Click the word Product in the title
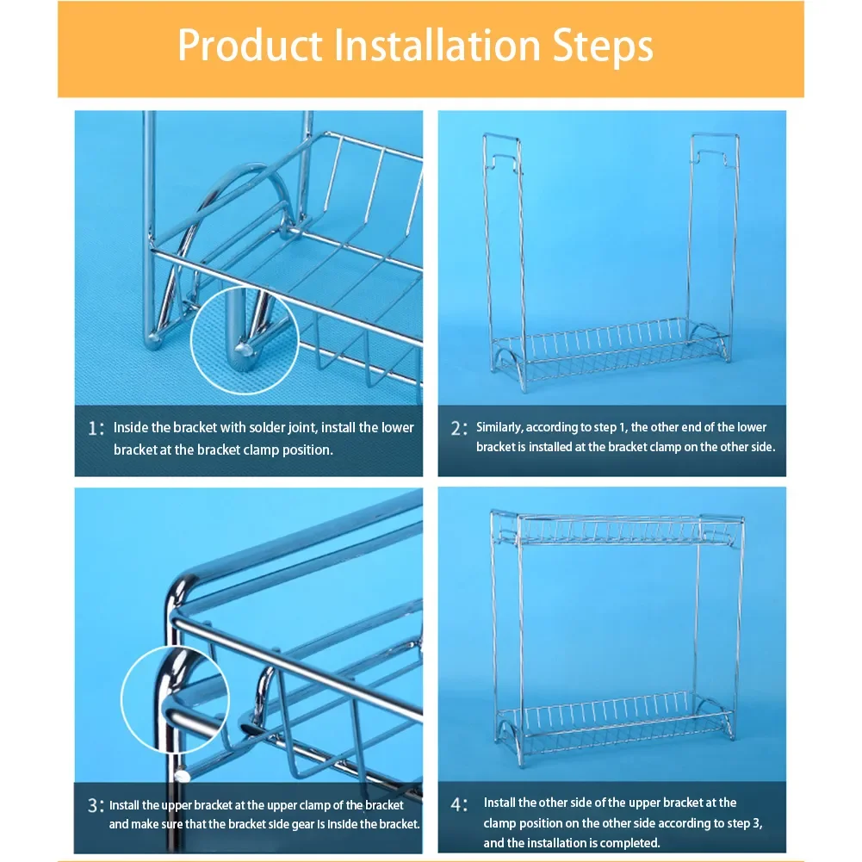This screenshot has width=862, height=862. [250, 45]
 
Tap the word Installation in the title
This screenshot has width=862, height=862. [437, 45]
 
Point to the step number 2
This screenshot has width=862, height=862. [456, 428]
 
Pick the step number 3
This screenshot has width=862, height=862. [93, 805]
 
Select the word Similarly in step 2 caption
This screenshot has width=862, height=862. [499, 428]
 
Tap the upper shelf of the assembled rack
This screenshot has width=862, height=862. [617, 528]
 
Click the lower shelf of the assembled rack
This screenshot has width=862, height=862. [614, 718]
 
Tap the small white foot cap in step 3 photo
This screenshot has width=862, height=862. [183, 776]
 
